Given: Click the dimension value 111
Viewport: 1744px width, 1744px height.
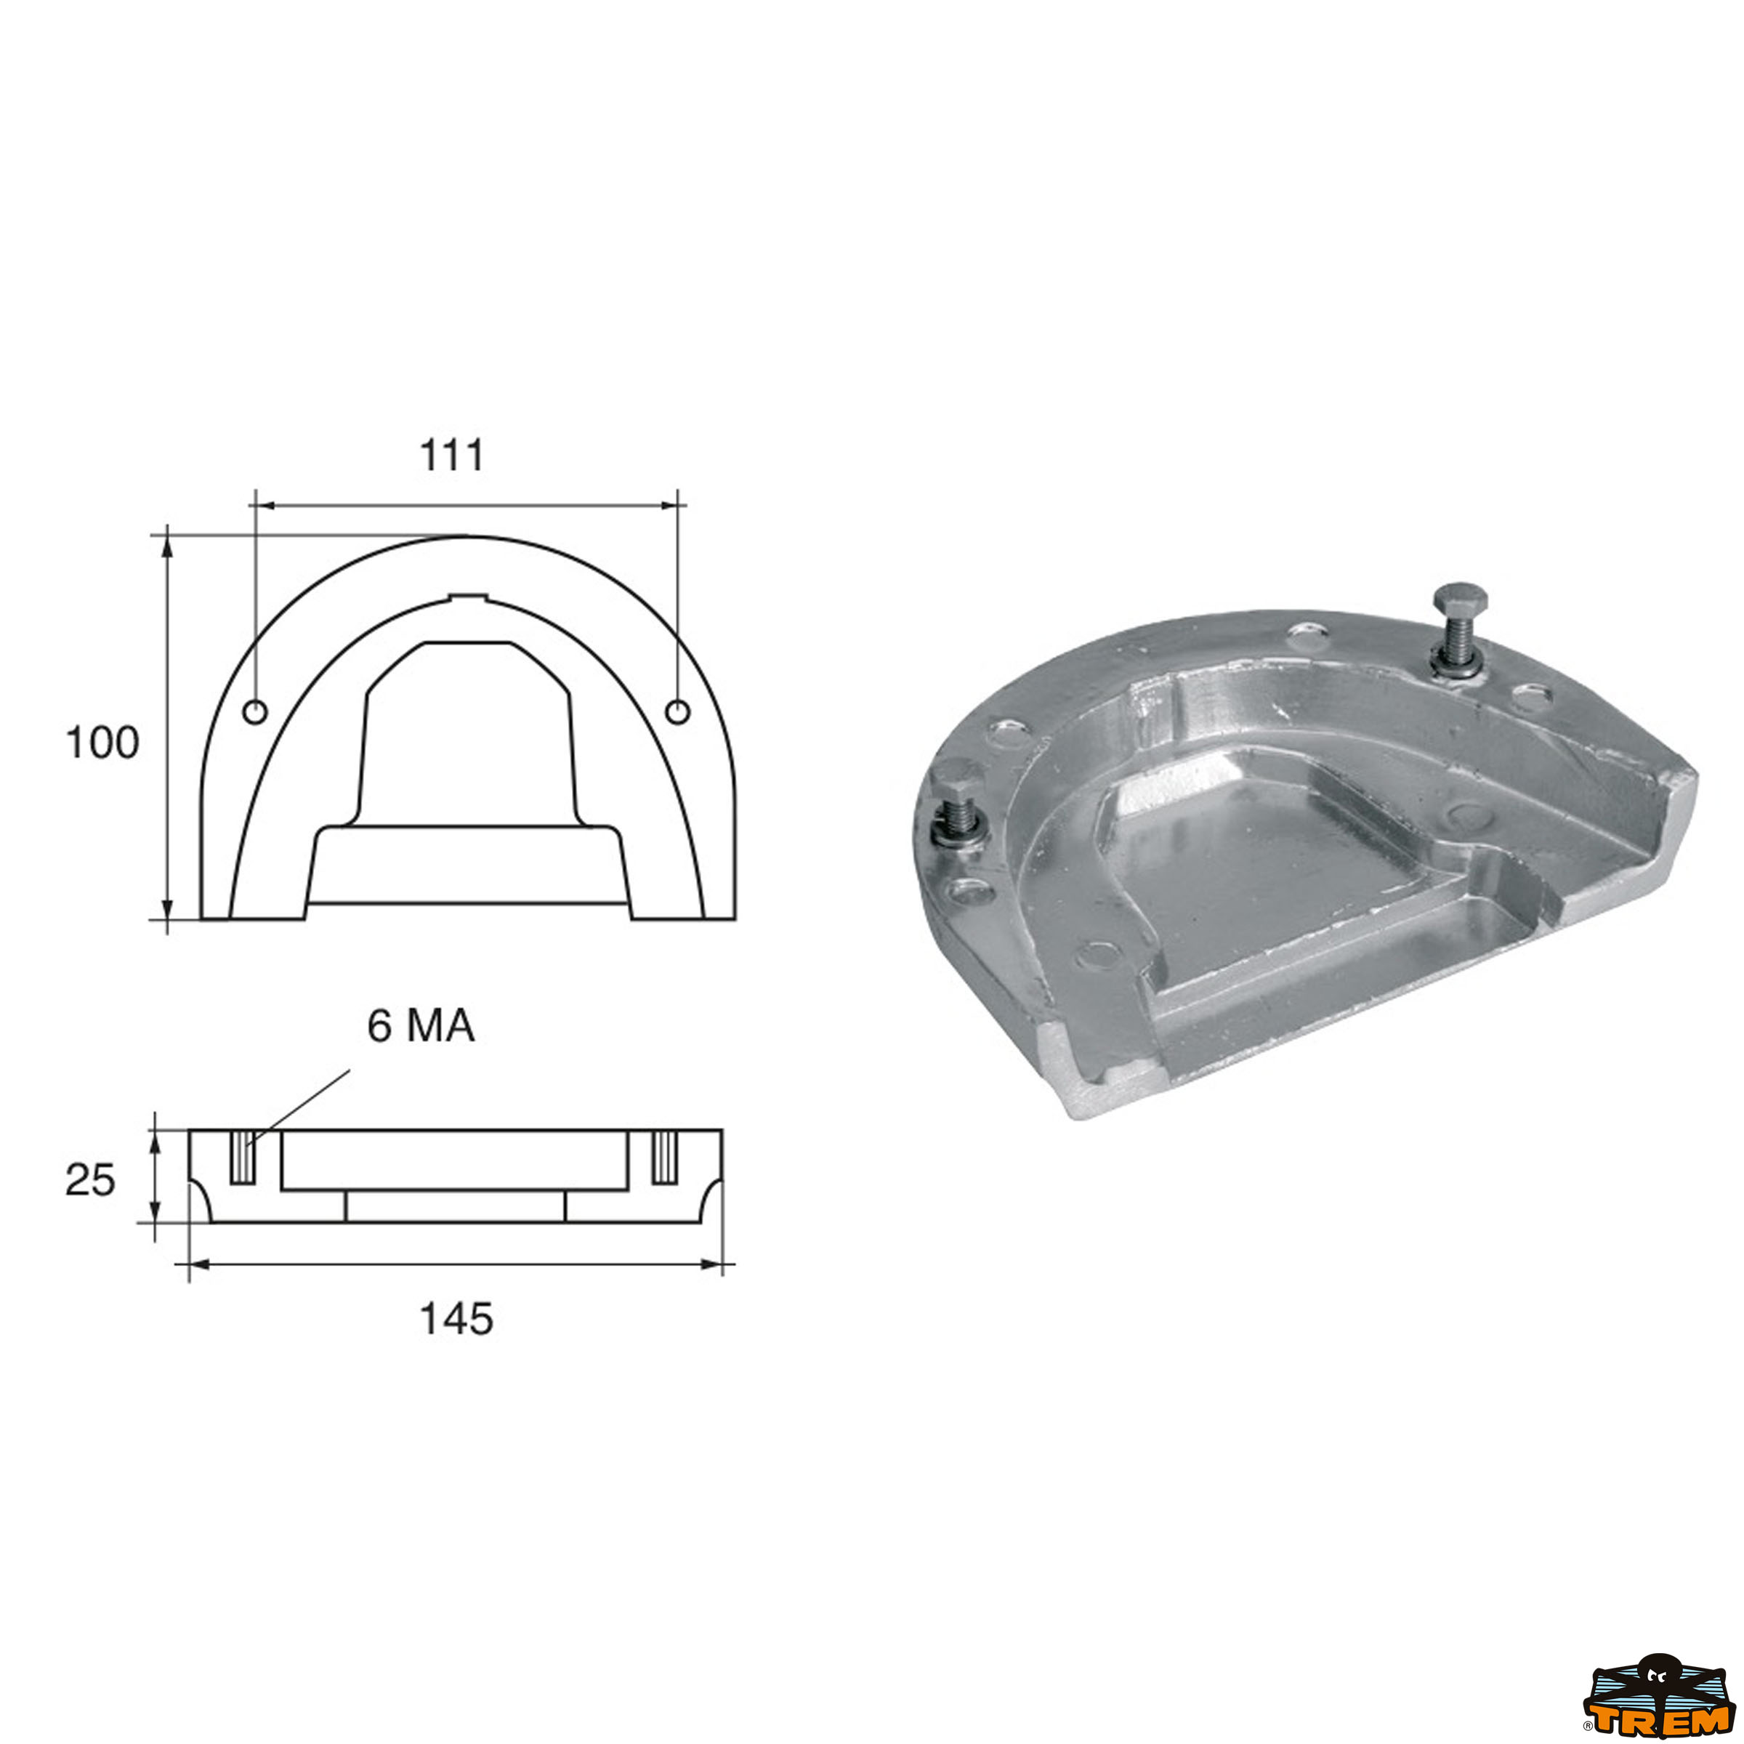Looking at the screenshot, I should pos(451,455).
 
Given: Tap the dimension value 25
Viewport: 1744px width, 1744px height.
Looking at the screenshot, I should pos(90,1180).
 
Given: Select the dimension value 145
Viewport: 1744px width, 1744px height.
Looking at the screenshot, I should pos(456,1319).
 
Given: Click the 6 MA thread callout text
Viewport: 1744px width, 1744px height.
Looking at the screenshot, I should pos(421,1026).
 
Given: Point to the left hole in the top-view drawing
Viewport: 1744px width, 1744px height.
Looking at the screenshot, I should pos(256,712).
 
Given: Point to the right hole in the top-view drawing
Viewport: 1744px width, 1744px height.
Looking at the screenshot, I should pos(677,712).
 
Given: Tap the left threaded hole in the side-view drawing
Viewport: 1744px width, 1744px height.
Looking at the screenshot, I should pos(243,1156).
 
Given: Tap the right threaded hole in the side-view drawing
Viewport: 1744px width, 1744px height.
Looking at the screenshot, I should pos(664,1156).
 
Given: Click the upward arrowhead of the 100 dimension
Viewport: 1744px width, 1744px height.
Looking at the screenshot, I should pos(167,545).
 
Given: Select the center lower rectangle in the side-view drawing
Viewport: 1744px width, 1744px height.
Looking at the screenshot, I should pos(456,1207).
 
